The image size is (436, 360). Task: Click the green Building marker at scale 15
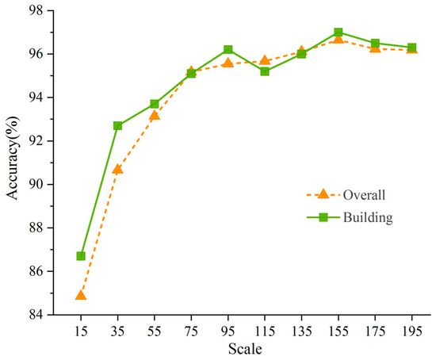coord(82,256)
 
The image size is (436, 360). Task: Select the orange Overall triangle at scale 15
coord(81,295)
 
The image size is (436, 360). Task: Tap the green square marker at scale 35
coord(118,125)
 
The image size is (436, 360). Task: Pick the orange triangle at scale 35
coord(118,168)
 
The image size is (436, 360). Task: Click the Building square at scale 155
coord(338,33)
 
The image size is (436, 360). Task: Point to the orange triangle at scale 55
coord(155,115)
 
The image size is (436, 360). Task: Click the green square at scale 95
coord(228,50)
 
